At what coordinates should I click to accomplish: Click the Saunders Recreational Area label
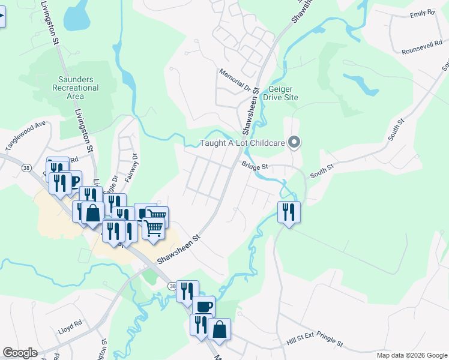(x=78, y=88)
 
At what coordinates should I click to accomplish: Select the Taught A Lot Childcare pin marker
(x=294, y=143)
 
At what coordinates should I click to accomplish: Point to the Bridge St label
(x=254, y=165)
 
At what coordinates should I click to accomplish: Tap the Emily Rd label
(x=422, y=14)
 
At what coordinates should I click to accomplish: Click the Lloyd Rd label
(x=70, y=328)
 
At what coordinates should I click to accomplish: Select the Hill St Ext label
(x=300, y=339)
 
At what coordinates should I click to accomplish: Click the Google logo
(x=20, y=353)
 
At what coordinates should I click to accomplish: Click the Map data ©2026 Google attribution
(x=412, y=355)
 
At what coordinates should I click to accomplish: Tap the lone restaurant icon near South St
(x=289, y=212)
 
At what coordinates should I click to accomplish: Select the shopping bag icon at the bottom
(x=219, y=329)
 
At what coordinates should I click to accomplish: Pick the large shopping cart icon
(x=153, y=228)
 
